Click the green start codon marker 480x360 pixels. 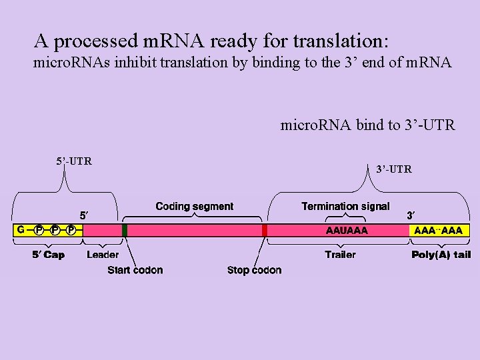click(x=125, y=231)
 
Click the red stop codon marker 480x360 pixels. click(x=265, y=231)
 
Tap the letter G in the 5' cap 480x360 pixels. click(x=21, y=230)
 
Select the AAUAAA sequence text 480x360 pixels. click(x=347, y=231)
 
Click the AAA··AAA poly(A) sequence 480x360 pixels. click(x=439, y=231)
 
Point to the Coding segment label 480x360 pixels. click(x=195, y=207)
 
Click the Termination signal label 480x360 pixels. click(x=345, y=207)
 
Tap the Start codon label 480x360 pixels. click(x=135, y=270)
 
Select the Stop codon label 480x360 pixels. click(x=254, y=270)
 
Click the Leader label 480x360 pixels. click(x=103, y=255)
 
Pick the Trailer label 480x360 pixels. click(x=340, y=255)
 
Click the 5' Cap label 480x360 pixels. click(x=49, y=255)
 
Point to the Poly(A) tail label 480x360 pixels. click(x=441, y=255)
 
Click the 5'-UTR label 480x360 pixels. click(x=73, y=161)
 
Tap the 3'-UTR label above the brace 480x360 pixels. click(x=393, y=169)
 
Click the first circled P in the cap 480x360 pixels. click(x=39, y=231)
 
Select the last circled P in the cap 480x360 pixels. click(x=71, y=231)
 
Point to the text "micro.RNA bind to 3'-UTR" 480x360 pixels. click(x=367, y=125)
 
